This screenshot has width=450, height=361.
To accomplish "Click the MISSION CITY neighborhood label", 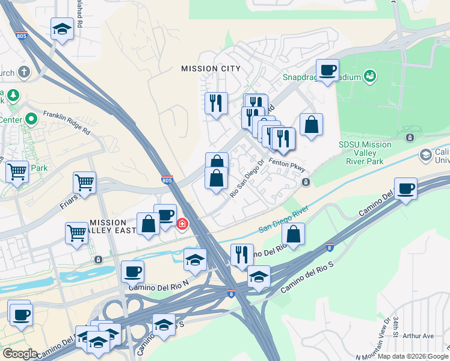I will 211,69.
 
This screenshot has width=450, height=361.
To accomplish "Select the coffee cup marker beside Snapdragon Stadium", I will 327,71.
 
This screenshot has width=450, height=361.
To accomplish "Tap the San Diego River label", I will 283,220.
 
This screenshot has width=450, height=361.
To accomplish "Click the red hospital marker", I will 182,224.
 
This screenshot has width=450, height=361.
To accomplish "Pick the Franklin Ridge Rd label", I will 70,122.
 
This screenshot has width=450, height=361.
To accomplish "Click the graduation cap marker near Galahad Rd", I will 62,29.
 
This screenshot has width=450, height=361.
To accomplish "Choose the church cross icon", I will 24,73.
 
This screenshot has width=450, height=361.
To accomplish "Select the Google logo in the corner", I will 20,354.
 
